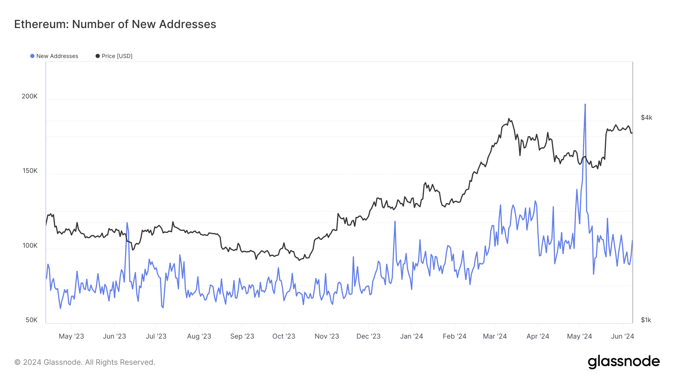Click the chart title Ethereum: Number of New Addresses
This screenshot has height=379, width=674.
115,24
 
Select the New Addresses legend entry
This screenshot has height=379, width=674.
54,56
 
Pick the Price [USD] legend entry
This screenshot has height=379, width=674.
114,56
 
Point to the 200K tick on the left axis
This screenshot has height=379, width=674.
30,96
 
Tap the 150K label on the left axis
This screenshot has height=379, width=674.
30,171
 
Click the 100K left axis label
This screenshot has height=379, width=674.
30,245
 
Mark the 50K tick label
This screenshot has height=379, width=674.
31,320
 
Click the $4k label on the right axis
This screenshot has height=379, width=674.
646,117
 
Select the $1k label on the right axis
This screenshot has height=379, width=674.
646,320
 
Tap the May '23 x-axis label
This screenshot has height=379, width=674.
71,336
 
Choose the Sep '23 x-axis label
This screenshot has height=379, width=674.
242,336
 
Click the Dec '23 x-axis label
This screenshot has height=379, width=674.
368,336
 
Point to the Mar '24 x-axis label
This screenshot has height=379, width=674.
495,336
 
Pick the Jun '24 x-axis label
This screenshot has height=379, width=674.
622,336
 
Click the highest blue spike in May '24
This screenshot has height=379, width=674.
585,104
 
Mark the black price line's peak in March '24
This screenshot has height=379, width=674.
508,119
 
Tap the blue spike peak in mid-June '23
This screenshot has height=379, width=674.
127,223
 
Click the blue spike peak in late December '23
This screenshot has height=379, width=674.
395,221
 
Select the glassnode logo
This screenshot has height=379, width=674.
623,362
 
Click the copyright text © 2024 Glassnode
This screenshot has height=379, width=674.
85,362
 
